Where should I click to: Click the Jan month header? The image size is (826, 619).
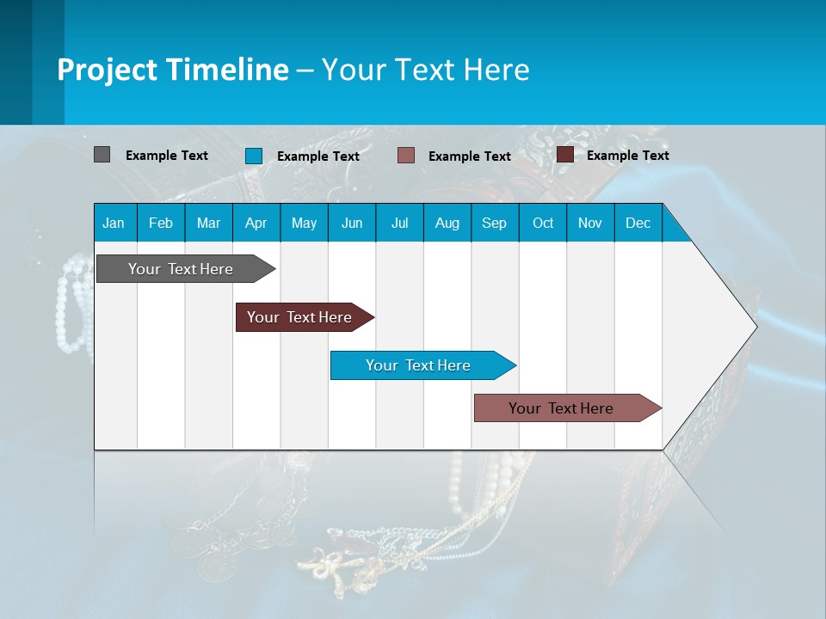(x=114, y=223)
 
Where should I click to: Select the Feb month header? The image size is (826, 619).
(x=161, y=223)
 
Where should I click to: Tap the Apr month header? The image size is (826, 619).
(x=256, y=223)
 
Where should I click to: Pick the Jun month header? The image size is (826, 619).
(x=352, y=223)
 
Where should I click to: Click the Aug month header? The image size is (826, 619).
(x=447, y=223)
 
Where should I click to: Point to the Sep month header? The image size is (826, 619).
(x=494, y=223)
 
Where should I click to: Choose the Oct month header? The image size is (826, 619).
(x=543, y=223)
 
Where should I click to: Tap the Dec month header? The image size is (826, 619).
(x=638, y=223)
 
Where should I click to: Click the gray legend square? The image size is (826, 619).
(x=102, y=155)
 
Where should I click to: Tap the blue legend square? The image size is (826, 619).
(x=254, y=156)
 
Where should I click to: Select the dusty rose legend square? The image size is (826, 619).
(x=406, y=155)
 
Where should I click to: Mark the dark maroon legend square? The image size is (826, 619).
(x=565, y=155)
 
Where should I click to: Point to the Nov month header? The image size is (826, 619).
(x=589, y=223)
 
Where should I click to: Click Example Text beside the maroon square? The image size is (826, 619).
(x=627, y=156)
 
